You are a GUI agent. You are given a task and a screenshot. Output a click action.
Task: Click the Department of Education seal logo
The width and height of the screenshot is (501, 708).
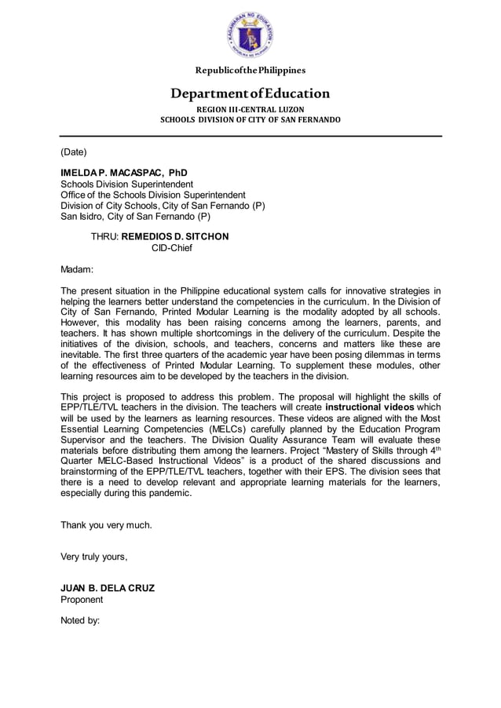[250, 36]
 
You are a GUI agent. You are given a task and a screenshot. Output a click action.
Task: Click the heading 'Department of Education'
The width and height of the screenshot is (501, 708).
[251, 94]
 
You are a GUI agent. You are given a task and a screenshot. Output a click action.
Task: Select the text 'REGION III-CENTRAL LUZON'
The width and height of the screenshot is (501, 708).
[251, 109]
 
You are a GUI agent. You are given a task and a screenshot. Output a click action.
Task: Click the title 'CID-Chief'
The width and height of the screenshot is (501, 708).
[171, 248]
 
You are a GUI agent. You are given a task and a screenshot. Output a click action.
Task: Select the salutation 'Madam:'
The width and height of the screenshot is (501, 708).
[77, 269]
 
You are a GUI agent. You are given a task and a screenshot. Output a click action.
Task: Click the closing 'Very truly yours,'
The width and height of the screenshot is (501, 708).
[93, 557]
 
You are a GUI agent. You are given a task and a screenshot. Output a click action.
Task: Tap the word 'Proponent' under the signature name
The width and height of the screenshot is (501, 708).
[82, 600]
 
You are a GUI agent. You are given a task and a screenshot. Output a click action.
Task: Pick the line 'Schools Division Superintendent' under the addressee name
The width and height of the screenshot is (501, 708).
[128, 184]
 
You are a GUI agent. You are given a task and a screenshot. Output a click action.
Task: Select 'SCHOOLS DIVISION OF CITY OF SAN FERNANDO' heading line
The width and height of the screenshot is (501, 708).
[251, 120]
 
